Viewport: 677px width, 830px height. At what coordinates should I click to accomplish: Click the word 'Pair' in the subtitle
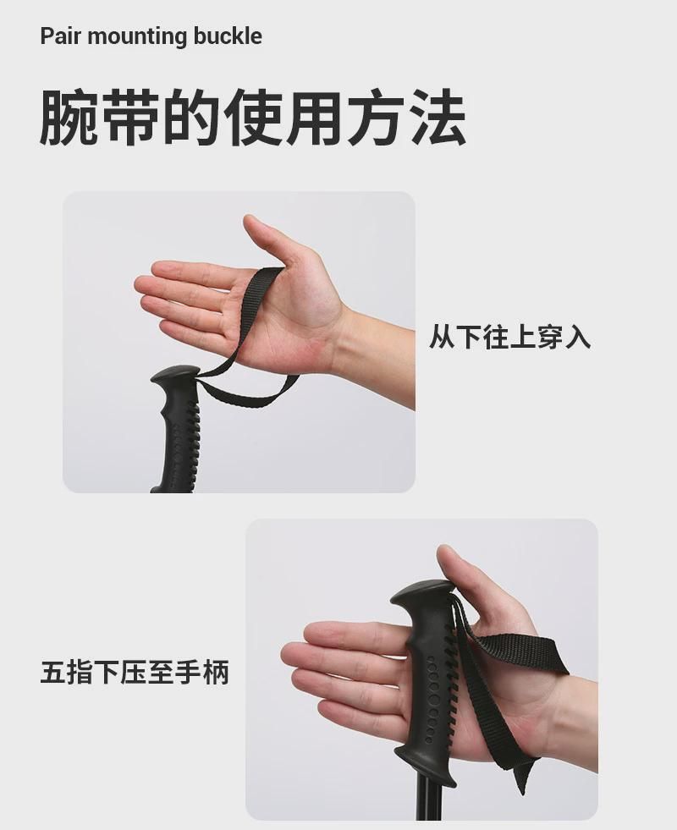(60, 36)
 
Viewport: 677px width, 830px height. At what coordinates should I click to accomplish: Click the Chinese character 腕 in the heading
(69, 118)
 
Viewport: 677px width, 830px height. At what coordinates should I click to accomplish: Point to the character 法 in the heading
(438, 118)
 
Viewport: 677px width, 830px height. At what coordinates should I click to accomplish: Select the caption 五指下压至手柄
(135, 673)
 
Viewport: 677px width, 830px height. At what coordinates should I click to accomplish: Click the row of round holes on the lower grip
(434, 699)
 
